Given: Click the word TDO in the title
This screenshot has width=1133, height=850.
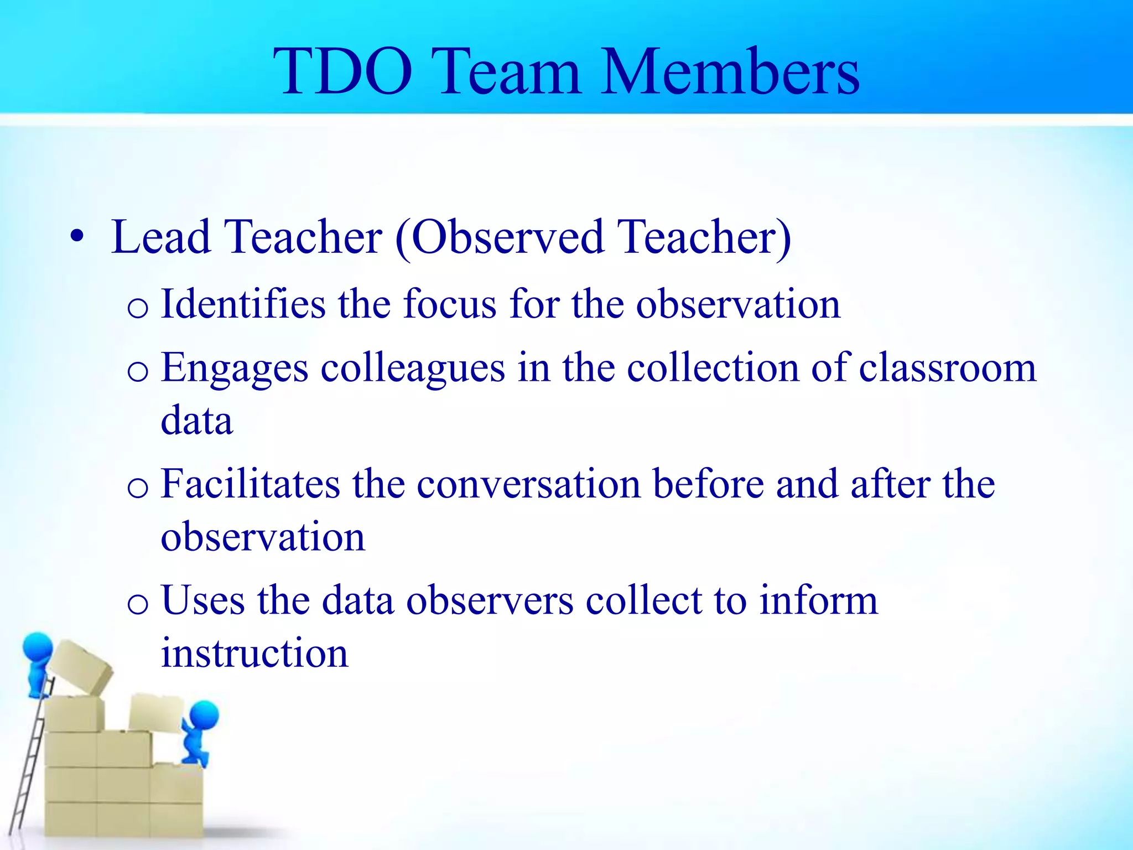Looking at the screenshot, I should [343, 72].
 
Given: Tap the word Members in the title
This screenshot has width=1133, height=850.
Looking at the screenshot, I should [730, 72].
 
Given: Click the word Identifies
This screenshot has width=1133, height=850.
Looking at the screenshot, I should [243, 304].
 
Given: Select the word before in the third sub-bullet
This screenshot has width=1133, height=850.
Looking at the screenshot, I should [708, 484].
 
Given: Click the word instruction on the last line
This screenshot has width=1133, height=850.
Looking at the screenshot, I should [254, 653].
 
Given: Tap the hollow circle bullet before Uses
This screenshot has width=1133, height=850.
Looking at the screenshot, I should [137, 604].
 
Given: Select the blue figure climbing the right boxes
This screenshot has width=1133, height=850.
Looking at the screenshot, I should [199, 730].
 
